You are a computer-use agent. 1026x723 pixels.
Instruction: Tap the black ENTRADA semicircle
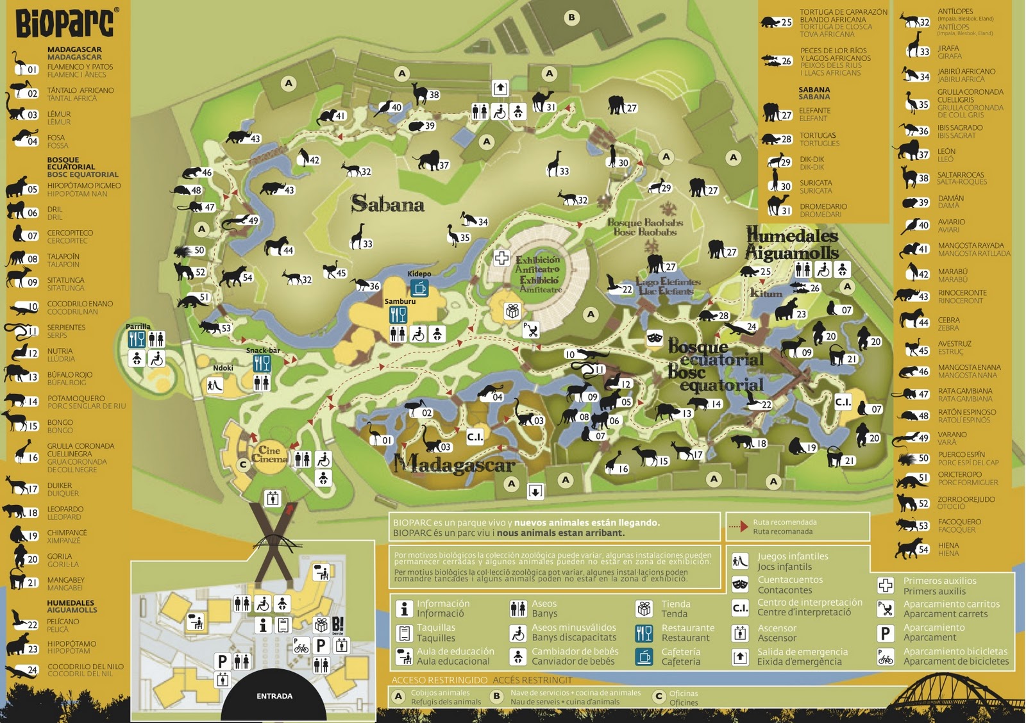[274, 697]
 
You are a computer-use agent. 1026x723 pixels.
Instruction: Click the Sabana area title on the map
[387, 204]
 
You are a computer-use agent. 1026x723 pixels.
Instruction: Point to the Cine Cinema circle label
[269, 454]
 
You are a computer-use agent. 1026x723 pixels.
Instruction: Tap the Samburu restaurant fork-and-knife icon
[398, 315]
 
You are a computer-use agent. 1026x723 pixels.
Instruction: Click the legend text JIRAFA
[948, 48]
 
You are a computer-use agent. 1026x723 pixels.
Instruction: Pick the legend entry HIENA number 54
[914, 549]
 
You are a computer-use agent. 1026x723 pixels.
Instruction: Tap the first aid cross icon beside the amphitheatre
[501, 258]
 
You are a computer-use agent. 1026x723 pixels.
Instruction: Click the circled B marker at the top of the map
[571, 18]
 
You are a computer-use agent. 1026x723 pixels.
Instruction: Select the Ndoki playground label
[223, 368]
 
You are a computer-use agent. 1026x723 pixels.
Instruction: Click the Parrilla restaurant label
[138, 326]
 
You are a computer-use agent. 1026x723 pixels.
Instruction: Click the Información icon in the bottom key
[404, 608]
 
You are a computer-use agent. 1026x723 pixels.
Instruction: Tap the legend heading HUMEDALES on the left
[70, 602]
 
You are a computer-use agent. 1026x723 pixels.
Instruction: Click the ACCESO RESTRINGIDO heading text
[439, 680]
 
